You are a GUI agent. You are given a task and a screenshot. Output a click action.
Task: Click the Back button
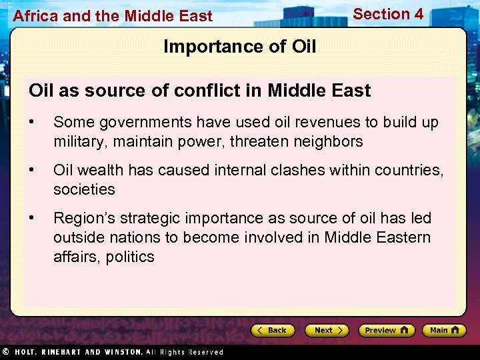273,330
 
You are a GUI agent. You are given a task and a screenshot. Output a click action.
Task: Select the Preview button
386,330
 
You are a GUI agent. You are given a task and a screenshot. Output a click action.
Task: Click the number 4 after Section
418,14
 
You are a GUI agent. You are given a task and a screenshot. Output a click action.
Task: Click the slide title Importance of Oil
239,47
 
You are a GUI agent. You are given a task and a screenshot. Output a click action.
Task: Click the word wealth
99,171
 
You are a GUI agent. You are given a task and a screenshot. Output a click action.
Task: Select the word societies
84,189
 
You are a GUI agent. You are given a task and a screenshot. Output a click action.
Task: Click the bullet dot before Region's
31,217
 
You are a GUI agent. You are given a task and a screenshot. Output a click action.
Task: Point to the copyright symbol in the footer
5,352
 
